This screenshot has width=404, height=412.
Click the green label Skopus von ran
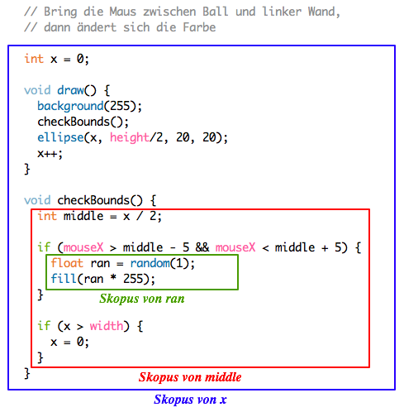pos(142,299)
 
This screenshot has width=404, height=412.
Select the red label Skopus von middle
pos(190,377)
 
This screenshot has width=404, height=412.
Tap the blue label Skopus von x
pos(190,400)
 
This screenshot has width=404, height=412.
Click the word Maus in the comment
pos(123,12)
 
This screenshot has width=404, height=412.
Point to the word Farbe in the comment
pos(199,27)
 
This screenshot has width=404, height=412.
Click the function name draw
pos(70,90)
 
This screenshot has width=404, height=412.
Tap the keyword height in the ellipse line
pos(130,137)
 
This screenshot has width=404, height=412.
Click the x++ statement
pos(50,154)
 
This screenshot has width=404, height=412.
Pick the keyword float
pos(67,263)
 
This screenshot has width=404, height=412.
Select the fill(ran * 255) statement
pos(103,279)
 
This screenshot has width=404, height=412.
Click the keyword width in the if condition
pos(107,326)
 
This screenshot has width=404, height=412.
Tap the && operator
pos(202,247)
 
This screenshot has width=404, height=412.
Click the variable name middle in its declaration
pos(83,216)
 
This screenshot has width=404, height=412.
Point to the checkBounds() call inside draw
pos(83,122)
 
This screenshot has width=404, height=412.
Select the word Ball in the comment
pos(216,12)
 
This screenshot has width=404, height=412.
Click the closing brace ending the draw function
pos(27,169)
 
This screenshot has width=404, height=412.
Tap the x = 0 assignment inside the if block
pos(70,343)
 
